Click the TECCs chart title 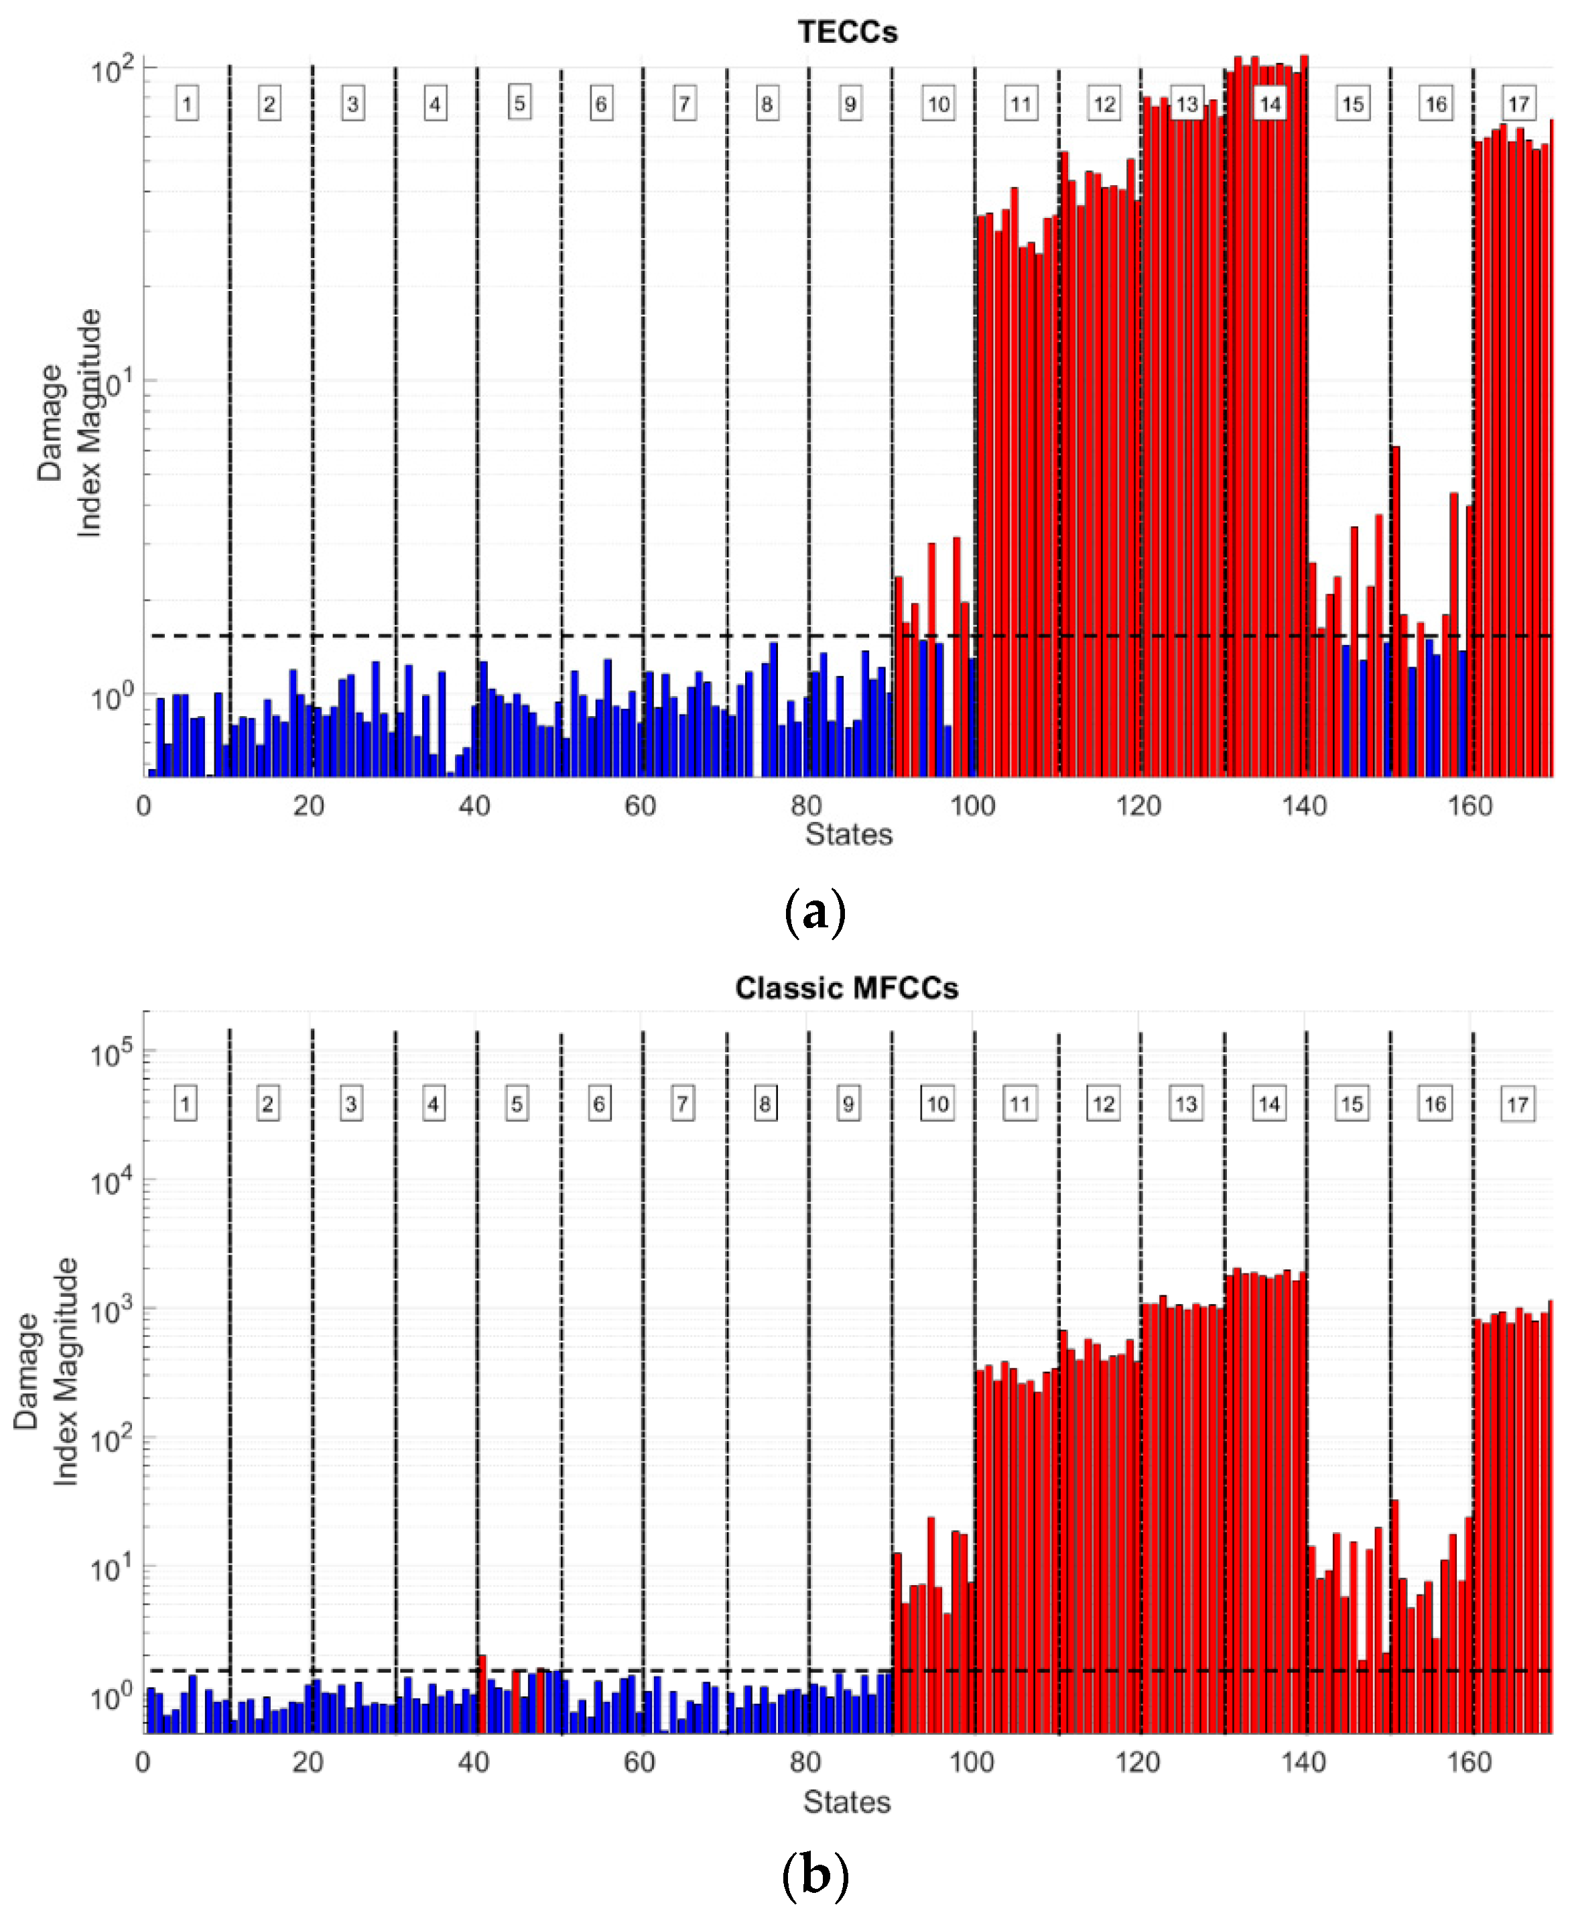pyautogui.click(x=847, y=33)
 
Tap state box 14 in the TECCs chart pyautogui.click(x=1269, y=103)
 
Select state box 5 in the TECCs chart pyautogui.click(x=519, y=103)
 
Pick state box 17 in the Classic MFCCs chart pyautogui.click(x=1517, y=1105)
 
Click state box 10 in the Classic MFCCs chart pyautogui.click(x=937, y=1104)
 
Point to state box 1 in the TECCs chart pyautogui.click(x=187, y=103)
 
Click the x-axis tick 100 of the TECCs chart pyautogui.click(x=972, y=805)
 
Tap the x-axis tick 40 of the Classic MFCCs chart pyautogui.click(x=473, y=1761)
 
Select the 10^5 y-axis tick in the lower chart pyautogui.click(x=111, y=1054)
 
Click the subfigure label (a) pyautogui.click(x=813, y=912)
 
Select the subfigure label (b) pyautogui.click(x=813, y=1874)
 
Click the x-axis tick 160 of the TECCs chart pyautogui.click(x=1469, y=805)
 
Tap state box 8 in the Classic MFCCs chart pyautogui.click(x=765, y=1104)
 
